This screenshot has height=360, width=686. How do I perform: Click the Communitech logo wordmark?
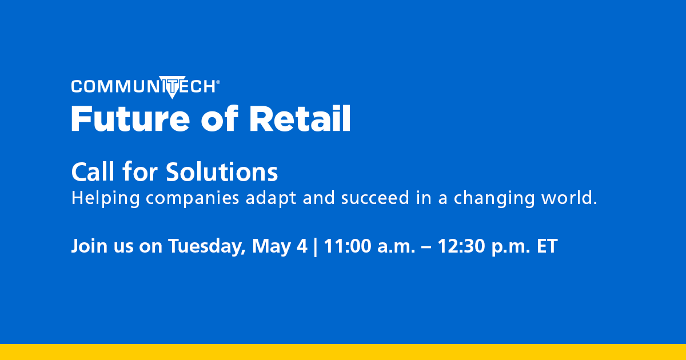(x=143, y=86)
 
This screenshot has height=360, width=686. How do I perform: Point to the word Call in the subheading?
(x=91, y=171)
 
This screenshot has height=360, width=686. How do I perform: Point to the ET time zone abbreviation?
(x=546, y=247)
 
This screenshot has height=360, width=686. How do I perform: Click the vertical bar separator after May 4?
(x=315, y=247)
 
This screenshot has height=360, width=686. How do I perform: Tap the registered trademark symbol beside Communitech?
(x=218, y=82)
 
